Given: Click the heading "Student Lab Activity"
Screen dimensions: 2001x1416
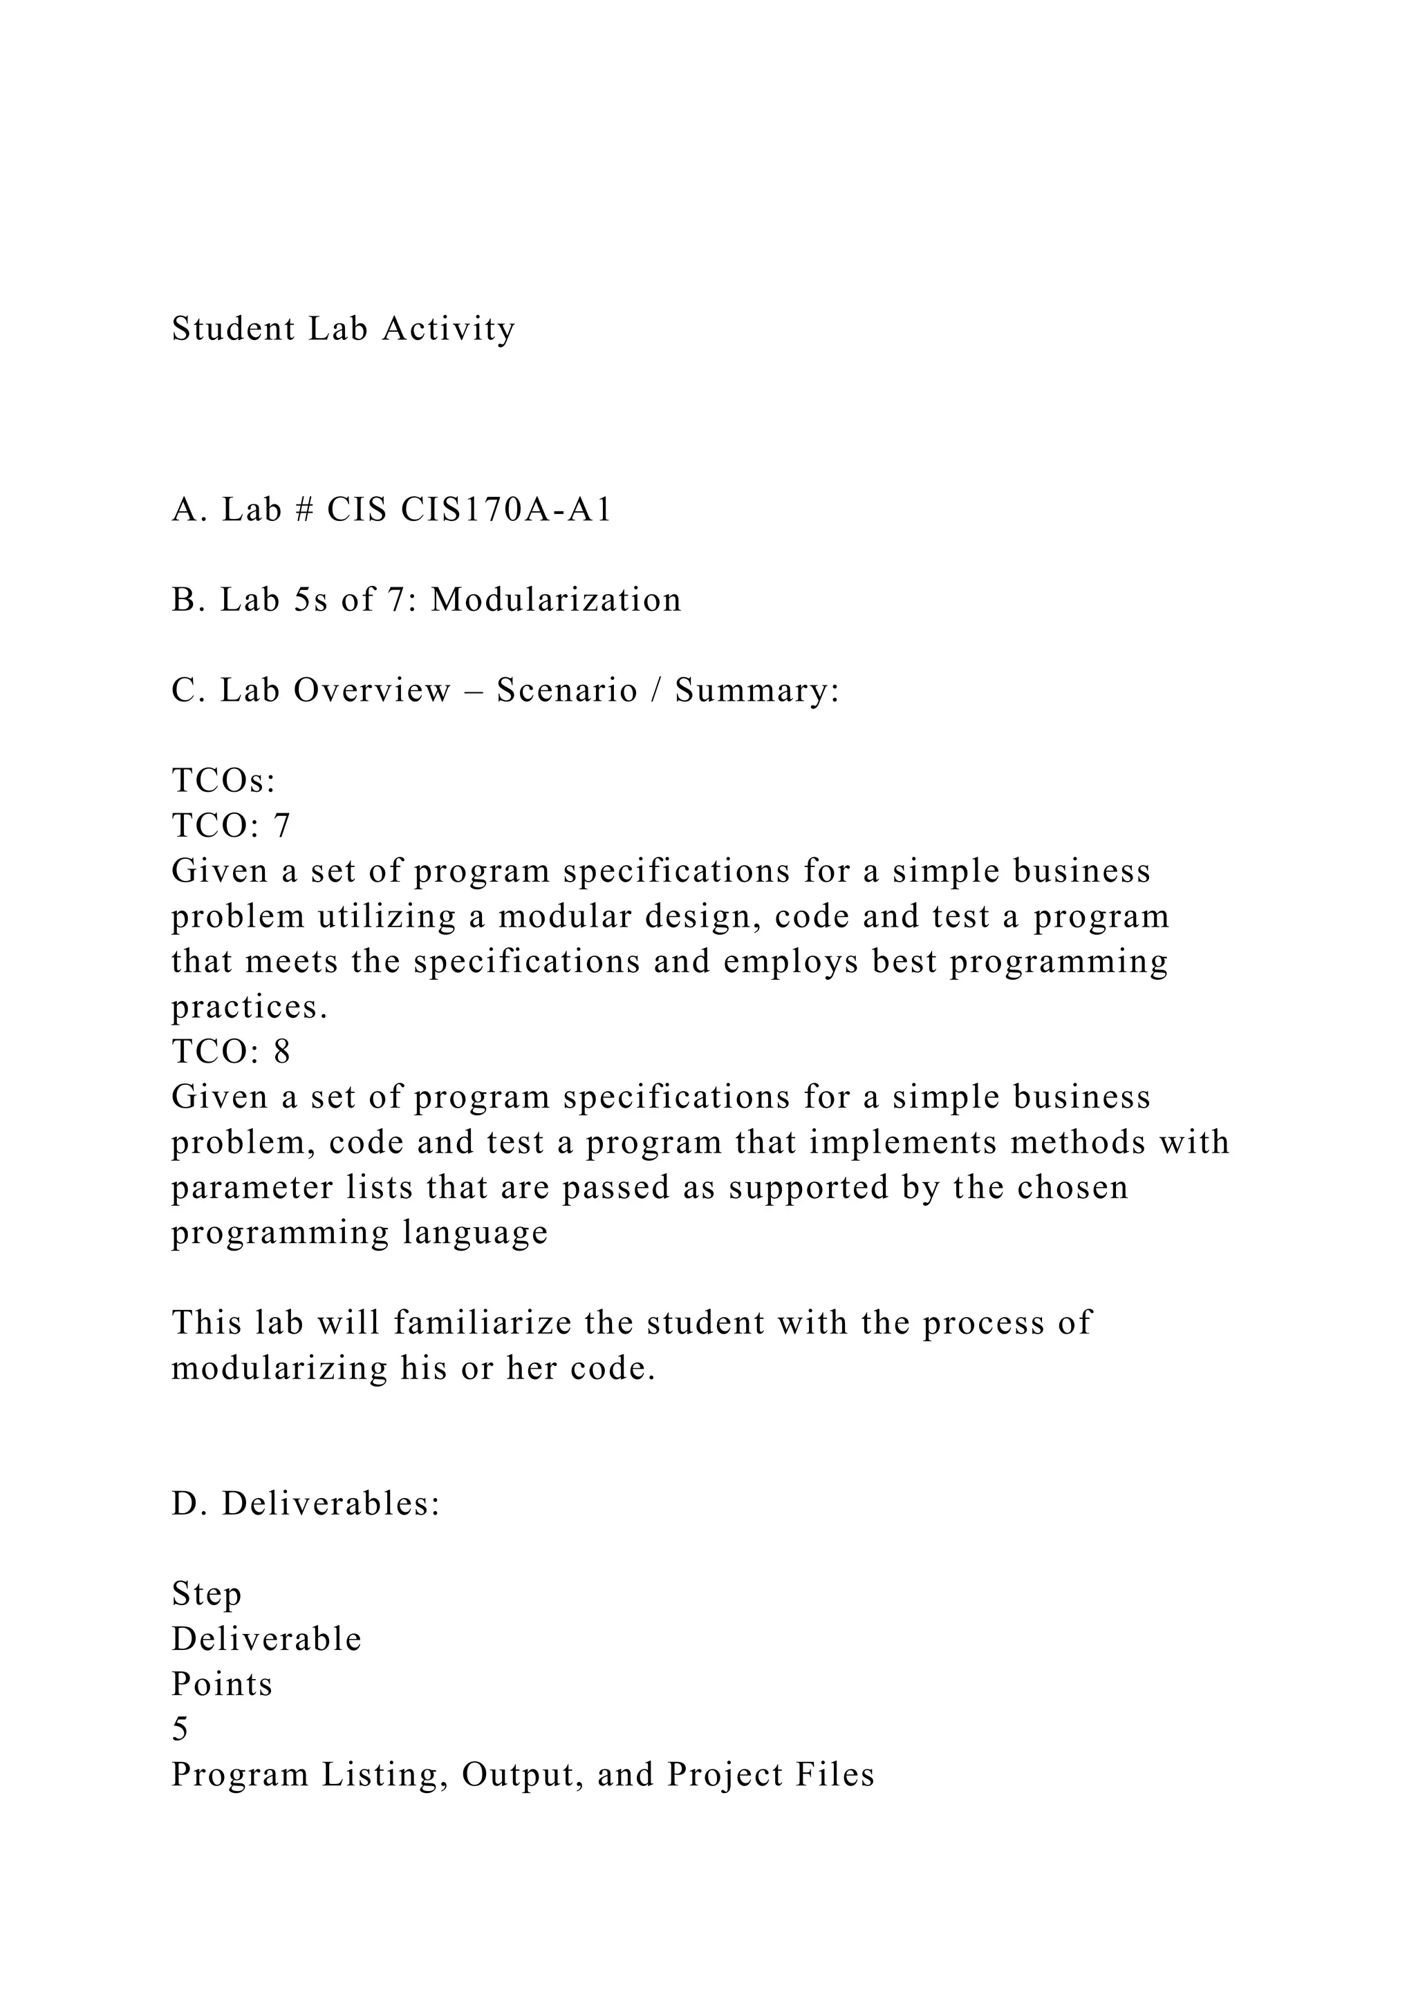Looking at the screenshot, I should coord(344,330).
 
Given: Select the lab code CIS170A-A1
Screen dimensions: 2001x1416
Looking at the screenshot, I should coord(505,510).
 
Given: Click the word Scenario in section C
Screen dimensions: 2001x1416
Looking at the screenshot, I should coord(567,690).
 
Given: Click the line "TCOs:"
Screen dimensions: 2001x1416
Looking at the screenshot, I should coord(223,781).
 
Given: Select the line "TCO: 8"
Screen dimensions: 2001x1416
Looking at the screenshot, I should coord(230,1052).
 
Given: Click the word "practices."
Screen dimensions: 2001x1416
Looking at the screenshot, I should coord(250,1007).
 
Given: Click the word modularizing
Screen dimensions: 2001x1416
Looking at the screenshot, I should coord(279,1368).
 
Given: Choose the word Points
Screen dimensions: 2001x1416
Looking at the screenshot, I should coord(221,1685).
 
